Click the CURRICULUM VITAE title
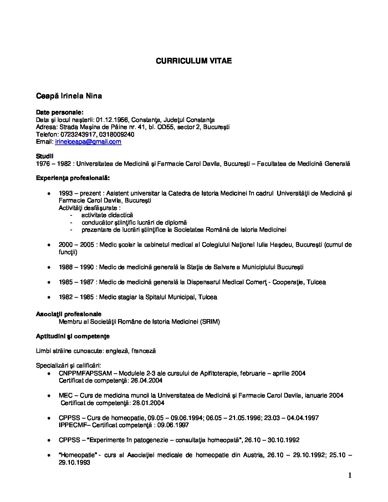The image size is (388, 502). click(x=194, y=61)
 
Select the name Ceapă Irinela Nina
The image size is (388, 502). click(x=69, y=96)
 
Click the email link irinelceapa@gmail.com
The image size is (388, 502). click(x=88, y=142)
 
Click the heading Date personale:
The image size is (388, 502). click(x=60, y=113)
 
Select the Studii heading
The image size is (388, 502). click(x=45, y=156)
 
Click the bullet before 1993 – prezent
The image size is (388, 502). click(x=49, y=193)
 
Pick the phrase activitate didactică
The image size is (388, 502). click(x=107, y=215)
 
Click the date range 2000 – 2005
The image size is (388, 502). click(x=76, y=245)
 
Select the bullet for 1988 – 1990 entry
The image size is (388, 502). click(x=49, y=267)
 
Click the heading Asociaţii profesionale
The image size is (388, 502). click(x=68, y=314)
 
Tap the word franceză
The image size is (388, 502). click(x=143, y=351)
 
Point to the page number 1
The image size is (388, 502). click(x=349, y=475)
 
